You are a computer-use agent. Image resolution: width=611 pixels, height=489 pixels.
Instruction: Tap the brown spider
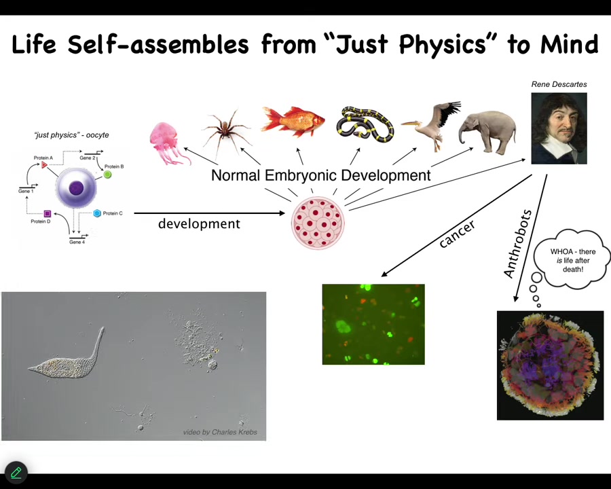(x=226, y=130)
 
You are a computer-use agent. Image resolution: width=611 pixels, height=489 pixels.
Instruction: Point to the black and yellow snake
(x=365, y=124)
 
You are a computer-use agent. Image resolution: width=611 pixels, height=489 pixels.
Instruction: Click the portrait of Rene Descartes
(x=559, y=128)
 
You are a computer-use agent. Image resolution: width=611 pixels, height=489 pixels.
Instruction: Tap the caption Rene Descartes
(x=559, y=84)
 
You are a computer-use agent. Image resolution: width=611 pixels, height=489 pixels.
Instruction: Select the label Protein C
(x=113, y=213)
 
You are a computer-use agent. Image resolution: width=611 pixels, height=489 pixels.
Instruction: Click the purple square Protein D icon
(x=47, y=213)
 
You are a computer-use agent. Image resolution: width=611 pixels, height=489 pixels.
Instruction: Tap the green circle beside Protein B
(x=107, y=175)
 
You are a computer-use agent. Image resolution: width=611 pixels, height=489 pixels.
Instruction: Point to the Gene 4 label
(x=77, y=242)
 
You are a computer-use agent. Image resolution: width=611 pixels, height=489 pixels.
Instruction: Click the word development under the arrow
(x=199, y=224)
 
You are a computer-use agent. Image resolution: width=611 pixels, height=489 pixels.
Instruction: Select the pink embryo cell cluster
(x=318, y=223)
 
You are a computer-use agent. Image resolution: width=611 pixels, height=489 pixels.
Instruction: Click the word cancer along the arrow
(x=457, y=234)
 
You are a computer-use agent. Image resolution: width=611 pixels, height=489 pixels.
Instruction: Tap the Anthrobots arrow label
(x=517, y=244)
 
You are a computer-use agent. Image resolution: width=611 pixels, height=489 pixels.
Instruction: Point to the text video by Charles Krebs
(x=220, y=432)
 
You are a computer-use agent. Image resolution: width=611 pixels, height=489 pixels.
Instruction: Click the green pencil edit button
(x=16, y=473)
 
